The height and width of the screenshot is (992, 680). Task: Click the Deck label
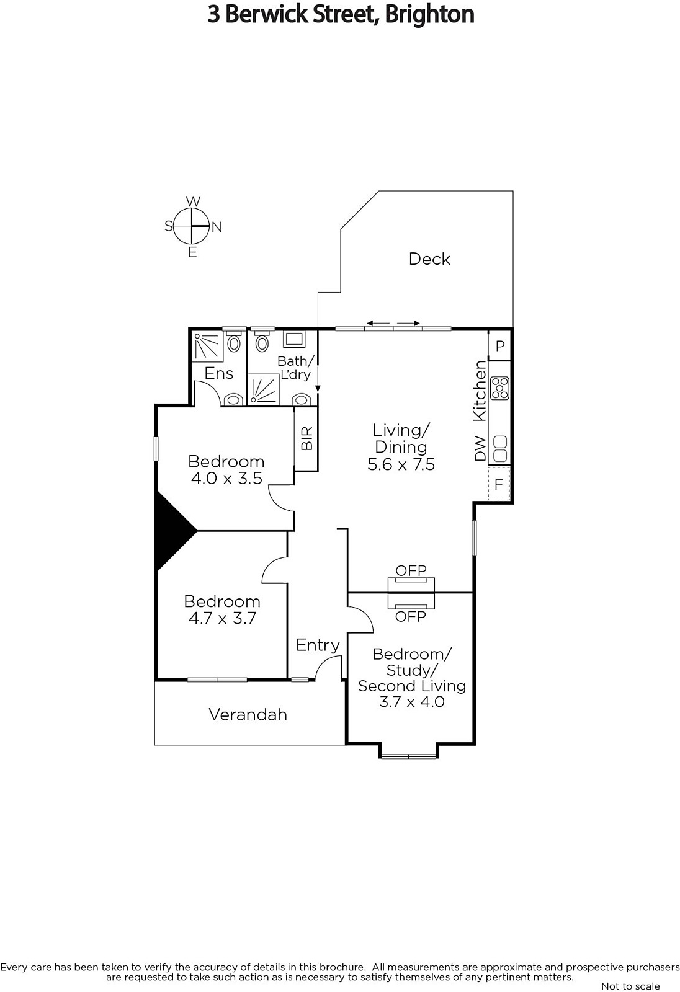(429, 259)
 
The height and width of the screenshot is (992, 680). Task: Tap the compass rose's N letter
(217, 227)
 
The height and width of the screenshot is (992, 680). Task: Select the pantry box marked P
(500, 345)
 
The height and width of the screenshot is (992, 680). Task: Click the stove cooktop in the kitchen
(500, 388)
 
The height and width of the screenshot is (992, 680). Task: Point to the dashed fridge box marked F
(499, 484)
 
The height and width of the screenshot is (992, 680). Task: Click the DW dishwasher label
(480, 448)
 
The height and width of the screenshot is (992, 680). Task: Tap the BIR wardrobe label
(306, 438)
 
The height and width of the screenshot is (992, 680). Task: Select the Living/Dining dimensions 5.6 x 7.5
(401, 464)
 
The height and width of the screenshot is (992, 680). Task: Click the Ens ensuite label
(218, 374)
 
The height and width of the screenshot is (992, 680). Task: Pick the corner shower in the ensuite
(208, 346)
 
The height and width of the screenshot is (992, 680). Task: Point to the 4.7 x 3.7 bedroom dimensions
(223, 618)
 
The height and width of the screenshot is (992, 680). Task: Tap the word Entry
(318, 645)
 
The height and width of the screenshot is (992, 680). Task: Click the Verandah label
(248, 714)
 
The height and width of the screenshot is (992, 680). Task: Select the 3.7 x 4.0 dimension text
(412, 701)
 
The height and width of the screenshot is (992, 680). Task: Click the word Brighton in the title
(429, 14)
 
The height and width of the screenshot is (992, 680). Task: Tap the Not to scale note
(630, 986)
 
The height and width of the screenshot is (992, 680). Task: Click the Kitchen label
(480, 391)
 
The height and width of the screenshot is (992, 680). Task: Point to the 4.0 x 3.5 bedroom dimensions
(226, 478)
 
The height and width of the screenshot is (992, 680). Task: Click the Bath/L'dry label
(296, 368)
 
